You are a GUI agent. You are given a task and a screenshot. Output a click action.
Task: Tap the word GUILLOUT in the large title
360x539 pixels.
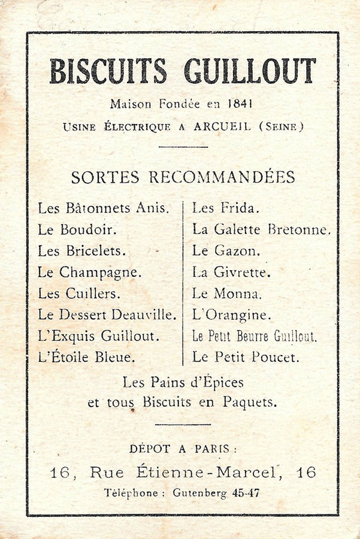[x=250, y=72]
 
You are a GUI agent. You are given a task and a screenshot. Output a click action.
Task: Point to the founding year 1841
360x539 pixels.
[x=240, y=104]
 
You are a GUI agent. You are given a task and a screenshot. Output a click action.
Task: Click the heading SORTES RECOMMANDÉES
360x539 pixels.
[x=183, y=177]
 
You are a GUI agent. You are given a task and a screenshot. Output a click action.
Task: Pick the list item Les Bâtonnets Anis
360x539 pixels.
[x=103, y=208]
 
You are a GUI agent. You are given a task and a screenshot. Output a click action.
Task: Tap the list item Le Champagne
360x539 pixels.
[x=89, y=272]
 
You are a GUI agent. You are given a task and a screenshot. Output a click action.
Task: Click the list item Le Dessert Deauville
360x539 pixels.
[x=107, y=314]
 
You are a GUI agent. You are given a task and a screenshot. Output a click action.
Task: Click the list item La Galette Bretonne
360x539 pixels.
[x=261, y=229]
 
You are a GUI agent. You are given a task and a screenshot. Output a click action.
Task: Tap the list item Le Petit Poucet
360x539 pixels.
[x=244, y=358]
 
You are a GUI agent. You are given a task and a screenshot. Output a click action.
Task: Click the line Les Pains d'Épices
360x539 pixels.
[x=183, y=382]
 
